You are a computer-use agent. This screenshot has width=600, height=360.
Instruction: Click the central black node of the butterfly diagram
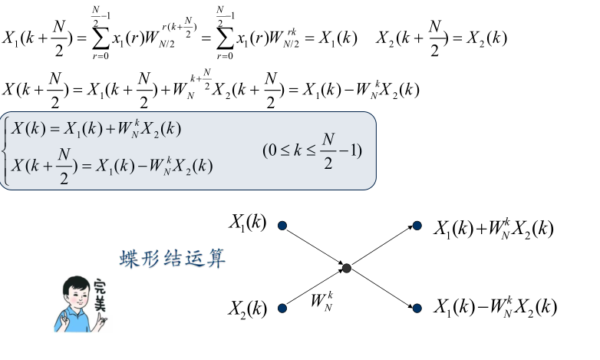[x=346, y=268]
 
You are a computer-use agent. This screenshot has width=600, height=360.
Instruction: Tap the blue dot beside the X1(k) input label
[x=282, y=226]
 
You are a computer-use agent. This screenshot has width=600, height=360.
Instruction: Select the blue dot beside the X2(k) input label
[x=282, y=309]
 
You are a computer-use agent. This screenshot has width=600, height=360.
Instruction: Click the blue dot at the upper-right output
[x=417, y=226]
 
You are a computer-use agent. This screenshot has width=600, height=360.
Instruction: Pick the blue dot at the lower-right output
[x=417, y=309]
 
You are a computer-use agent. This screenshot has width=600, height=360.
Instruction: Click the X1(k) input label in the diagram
[x=247, y=223]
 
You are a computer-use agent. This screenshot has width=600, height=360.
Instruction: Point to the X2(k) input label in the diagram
[x=247, y=309]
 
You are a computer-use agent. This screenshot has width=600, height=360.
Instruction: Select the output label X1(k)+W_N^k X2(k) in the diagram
[x=493, y=228]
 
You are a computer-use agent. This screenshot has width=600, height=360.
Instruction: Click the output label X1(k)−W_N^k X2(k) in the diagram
[x=493, y=308]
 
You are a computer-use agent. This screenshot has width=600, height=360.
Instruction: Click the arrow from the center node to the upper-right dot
[x=381, y=246]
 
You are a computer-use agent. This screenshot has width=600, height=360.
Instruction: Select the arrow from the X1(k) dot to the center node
[x=315, y=246]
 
